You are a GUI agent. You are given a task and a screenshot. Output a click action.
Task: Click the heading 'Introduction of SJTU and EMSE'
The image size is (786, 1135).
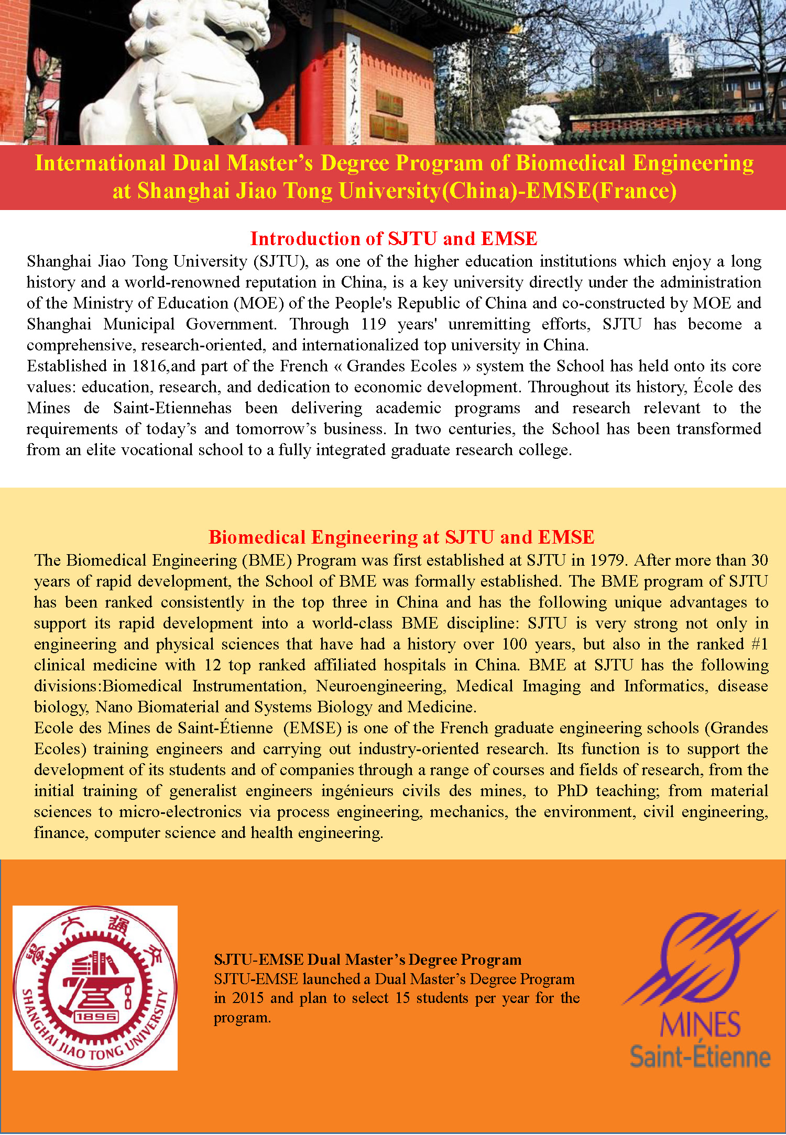(x=394, y=238)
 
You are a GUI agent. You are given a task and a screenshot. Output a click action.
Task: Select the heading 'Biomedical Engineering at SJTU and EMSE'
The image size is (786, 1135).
(x=401, y=537)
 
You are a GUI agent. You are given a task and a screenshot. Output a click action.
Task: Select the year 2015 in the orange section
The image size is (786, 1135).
(x=248, y=997)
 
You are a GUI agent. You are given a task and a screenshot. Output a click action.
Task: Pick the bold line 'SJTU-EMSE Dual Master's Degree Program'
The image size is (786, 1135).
(x=367, y=959)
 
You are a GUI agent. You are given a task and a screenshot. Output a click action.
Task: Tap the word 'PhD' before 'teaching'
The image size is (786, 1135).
(x=572, y=791)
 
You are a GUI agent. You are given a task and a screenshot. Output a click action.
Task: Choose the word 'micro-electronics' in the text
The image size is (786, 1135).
(x=180, y=812)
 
